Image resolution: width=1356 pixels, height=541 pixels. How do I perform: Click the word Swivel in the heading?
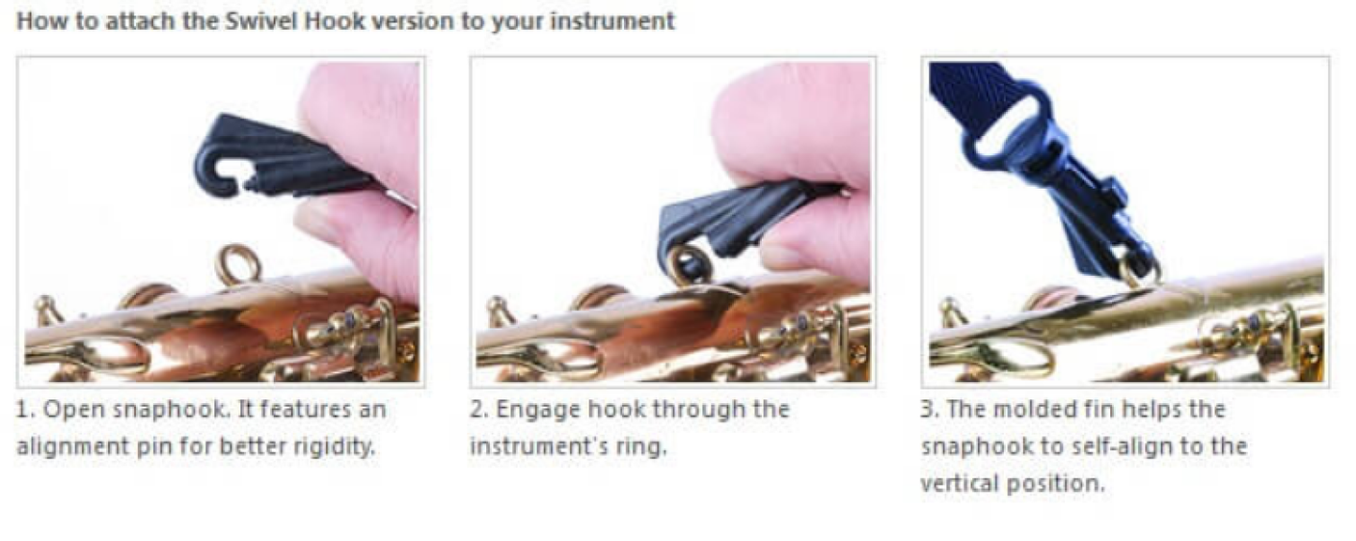click(x=263, y=22)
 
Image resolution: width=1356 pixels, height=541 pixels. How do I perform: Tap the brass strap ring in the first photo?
click(x=240, y=266)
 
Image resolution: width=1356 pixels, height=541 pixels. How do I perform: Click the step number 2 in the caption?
click(x=478, y=410)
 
